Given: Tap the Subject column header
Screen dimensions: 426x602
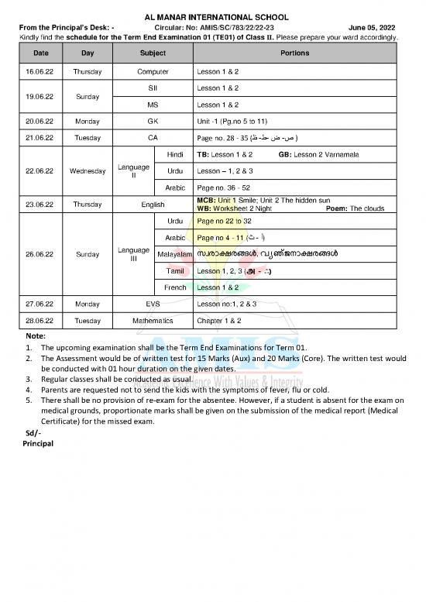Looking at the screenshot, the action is tap(153, 53).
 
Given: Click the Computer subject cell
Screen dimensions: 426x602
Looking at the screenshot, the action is tap(153, 71).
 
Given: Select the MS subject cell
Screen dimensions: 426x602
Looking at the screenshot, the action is tap(153, 105).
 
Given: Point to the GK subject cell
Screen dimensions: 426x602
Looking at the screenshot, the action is tap(153, 121).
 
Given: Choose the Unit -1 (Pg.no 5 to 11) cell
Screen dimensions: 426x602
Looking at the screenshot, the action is tap(232, 121).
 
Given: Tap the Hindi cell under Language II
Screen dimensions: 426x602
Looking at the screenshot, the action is tap(175, 154).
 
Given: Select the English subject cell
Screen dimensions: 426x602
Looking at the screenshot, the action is tap(153, 205).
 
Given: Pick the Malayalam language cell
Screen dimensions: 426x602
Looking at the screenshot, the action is tap(174, 254).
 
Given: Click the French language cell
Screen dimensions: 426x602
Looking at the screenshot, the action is tap(175, 287).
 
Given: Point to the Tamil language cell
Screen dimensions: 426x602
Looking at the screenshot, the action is tap(175, 271).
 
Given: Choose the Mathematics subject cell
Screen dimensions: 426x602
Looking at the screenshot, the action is tap(153, 320).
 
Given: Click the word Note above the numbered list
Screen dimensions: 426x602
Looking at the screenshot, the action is tap(36, 336).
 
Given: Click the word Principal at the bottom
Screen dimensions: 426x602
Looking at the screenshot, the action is tap(38, 444).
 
